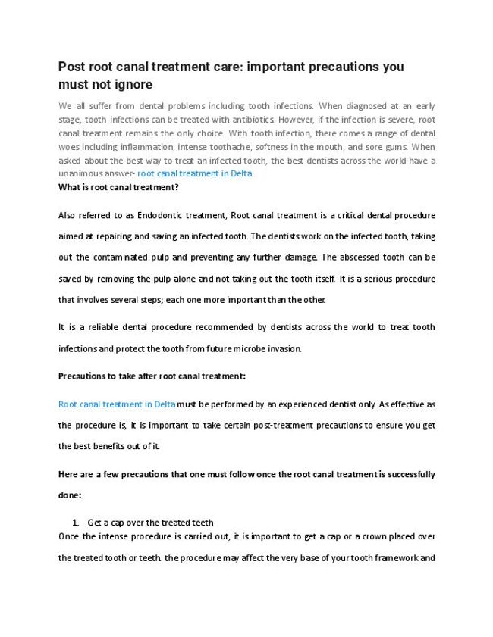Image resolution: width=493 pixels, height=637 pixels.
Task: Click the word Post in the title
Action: (74, 67)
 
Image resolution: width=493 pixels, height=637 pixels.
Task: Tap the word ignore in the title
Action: (132, 84)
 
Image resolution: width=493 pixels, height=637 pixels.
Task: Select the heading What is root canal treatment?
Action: (118, 186)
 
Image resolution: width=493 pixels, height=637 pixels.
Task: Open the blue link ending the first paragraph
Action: (195, 173)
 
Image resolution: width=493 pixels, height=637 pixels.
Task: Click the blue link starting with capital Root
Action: (117, 404)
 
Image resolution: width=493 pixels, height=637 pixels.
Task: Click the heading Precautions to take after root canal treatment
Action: (152, 376)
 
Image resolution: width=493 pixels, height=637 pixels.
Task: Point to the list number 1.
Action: (75, 523)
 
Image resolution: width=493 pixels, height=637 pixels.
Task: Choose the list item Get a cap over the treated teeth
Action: (150, 523)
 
